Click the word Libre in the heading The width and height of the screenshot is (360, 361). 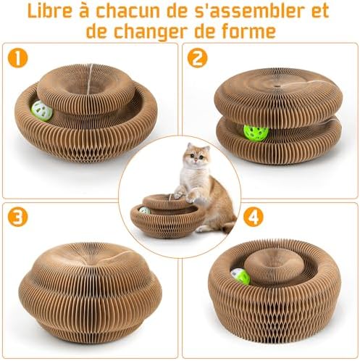pos(50,11)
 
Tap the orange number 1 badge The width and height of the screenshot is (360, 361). pos(18,58)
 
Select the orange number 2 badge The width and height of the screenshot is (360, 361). pos(198,58)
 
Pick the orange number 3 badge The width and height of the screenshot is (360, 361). pos(18,217)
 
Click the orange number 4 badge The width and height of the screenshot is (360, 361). pos(253,217)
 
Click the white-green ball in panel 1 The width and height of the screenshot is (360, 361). pos(42,111)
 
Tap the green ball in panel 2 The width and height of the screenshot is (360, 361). pos(256,133)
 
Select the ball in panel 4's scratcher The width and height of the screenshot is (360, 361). pos(240,276)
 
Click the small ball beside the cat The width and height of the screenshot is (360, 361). pos(144,210)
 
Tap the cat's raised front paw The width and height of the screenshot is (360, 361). pos(191,196)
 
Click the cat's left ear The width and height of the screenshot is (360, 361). pos(191,146)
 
